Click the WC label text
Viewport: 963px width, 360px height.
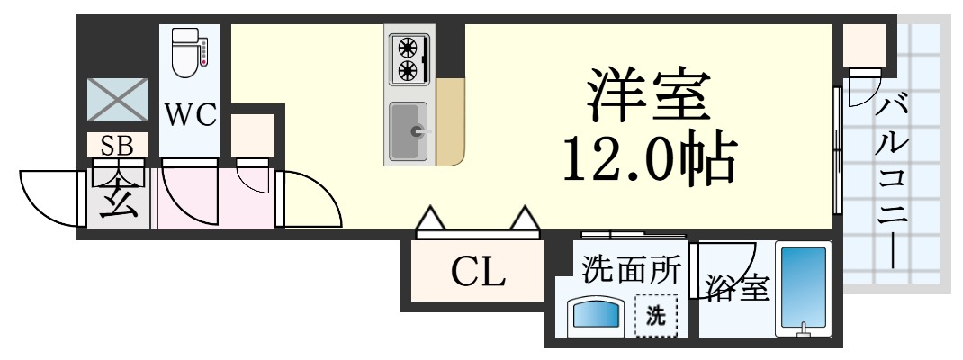189,117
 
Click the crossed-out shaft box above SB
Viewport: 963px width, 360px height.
117,100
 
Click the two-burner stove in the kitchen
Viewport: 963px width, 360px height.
410,58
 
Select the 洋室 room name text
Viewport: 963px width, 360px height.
645,97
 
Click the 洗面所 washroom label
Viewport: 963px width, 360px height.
629,268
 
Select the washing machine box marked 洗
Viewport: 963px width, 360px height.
658,316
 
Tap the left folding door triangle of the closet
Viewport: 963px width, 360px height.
431,219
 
